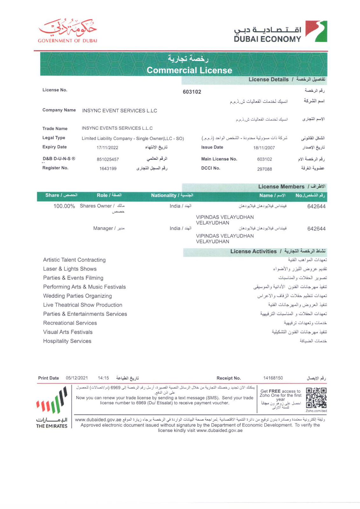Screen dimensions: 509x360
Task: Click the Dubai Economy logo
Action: coord(280,32)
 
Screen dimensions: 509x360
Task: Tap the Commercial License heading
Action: coord(189,70)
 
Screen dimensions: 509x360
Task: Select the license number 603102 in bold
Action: coord(192,92)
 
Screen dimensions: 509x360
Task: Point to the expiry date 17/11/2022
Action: coord(107,148)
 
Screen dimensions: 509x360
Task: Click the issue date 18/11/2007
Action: coord(264,148)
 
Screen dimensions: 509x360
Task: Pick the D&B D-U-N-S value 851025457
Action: coord(108,159)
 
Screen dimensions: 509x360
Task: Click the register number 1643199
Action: coord(108,169)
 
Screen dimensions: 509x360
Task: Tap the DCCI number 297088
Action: coord(265,169)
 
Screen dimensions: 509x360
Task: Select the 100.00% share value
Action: coord(64,206)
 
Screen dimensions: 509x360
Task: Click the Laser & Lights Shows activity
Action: coord(70,269)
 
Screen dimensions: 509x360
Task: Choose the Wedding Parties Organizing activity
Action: coord(78,296)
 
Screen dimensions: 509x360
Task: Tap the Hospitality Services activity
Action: coord(67,341)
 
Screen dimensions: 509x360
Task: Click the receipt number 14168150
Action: coord(273,378)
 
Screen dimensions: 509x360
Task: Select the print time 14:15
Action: coord(103,378)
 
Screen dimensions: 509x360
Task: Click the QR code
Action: coord(316,398)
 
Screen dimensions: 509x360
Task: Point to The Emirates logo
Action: coord(52,408)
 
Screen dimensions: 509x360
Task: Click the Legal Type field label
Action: coord(54,138)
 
